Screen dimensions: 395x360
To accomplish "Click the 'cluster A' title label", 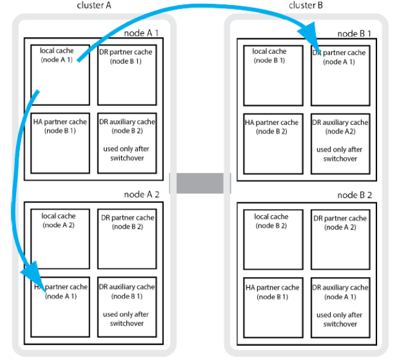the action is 94,6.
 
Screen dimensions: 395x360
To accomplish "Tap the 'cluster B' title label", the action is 305,6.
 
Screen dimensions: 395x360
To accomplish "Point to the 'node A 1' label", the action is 142,33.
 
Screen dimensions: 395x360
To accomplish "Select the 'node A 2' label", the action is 142,194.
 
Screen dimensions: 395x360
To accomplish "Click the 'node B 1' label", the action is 354,34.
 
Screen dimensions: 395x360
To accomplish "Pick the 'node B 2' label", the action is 354,195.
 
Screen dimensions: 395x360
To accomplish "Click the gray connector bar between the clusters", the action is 200,183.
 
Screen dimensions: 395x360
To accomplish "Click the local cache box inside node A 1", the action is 60,75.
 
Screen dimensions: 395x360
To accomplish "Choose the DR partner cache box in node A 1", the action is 127,75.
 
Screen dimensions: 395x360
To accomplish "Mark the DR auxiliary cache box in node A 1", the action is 127,143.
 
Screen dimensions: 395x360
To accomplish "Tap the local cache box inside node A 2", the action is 60,239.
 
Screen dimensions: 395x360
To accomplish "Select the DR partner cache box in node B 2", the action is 341,239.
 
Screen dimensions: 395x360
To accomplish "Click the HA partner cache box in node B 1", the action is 273,144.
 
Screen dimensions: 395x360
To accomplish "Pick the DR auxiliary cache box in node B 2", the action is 341,307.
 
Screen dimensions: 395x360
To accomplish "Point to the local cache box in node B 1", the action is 273,75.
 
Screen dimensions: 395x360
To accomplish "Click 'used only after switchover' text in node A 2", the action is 126,319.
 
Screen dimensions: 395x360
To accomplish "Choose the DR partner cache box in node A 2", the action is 127,239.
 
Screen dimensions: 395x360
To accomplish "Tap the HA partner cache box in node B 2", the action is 273,307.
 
